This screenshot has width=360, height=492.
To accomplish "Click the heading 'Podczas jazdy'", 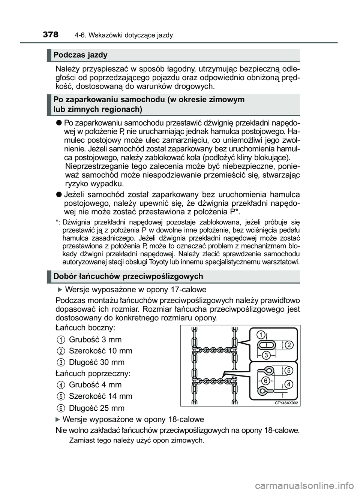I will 80,55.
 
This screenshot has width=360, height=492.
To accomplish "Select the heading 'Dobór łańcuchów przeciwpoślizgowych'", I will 128,277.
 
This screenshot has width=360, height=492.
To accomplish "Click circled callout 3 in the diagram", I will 266,355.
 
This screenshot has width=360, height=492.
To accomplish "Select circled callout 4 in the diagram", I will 288,384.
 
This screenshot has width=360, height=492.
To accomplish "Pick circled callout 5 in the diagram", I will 288,370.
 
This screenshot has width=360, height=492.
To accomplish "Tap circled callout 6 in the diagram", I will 265,380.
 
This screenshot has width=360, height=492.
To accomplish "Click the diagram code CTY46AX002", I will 286,403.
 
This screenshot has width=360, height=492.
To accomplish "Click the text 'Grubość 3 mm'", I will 95,339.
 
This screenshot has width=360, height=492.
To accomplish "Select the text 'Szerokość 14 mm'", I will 100,396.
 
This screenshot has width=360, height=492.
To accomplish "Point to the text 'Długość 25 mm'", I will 97,408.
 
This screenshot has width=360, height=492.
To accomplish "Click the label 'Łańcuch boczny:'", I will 85,328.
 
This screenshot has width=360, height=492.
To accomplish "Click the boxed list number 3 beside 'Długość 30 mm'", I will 60,362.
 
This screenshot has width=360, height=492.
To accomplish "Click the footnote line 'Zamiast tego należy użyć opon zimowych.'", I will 136,440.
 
